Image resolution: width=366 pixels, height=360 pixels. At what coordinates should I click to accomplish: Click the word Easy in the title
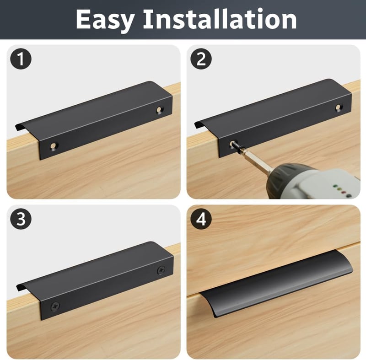[x=105, y=20]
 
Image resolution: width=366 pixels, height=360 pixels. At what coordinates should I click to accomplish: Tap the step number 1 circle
[x=21, y=59]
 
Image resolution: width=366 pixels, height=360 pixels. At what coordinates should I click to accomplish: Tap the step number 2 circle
[x=201, y=59]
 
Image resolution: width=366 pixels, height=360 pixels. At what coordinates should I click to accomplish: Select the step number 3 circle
[x=21, y=219]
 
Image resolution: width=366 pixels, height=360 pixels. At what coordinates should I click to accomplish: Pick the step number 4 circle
[x=201, y=219]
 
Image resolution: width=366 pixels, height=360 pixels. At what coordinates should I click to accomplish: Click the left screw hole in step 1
[x=54, y=146]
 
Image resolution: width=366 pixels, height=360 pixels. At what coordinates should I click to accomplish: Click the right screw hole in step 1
[x=159, y=109]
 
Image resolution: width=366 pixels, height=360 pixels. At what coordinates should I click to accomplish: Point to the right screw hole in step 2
[x=338, y=107]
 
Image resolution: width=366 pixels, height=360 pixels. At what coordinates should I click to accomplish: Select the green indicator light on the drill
[x=335, y=187]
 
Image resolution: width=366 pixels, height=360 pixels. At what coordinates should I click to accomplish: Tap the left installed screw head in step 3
[x=55, y=306]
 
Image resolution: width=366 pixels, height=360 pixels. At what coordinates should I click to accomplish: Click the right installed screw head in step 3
[x=161, y=270]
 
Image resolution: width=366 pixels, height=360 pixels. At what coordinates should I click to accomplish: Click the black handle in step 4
[x=277, y=284]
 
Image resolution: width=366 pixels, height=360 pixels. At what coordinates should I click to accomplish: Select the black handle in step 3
[x=95, y=280]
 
